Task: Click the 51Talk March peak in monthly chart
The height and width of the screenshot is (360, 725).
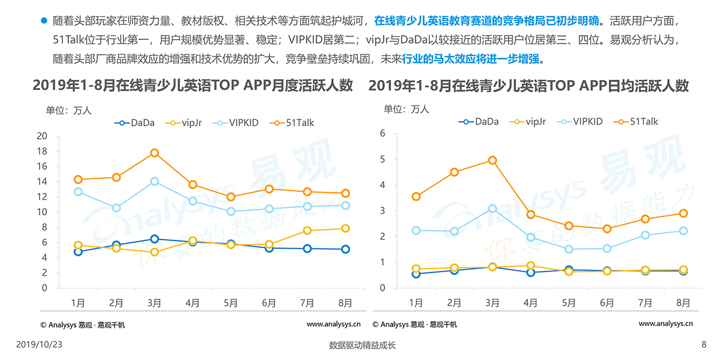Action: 154,153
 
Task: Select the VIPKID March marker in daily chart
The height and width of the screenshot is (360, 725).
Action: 492,209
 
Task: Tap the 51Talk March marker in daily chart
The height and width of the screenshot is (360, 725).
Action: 492,160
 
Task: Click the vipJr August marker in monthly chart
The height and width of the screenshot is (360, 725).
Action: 345,228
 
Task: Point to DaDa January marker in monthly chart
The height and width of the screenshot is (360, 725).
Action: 78,251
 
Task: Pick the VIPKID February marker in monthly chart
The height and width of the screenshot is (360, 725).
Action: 116,208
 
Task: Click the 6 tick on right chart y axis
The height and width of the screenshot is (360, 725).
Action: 382,134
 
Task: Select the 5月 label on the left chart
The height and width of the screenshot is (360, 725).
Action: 231,303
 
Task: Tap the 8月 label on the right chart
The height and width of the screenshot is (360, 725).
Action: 683,303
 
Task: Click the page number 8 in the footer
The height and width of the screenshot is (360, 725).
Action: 704,344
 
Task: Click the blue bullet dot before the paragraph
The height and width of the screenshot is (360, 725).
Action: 44,22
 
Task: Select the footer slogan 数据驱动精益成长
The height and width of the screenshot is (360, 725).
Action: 362,345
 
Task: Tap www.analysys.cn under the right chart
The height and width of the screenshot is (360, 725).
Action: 666,324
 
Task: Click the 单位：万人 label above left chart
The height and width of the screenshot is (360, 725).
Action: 69,110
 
